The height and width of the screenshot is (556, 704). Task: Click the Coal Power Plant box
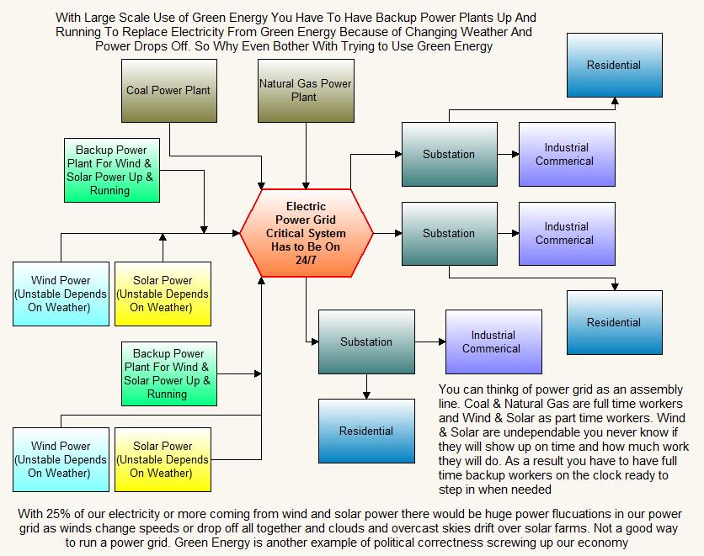(168, 91)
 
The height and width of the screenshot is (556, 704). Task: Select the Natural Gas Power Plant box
(305, 91)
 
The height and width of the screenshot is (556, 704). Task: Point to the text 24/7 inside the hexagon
(306, 260)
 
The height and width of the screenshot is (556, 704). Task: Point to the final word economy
(603, 543)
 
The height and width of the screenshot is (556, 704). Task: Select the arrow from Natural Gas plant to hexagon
(306, 156)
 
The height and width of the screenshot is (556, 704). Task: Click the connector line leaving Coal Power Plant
(171, 139)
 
